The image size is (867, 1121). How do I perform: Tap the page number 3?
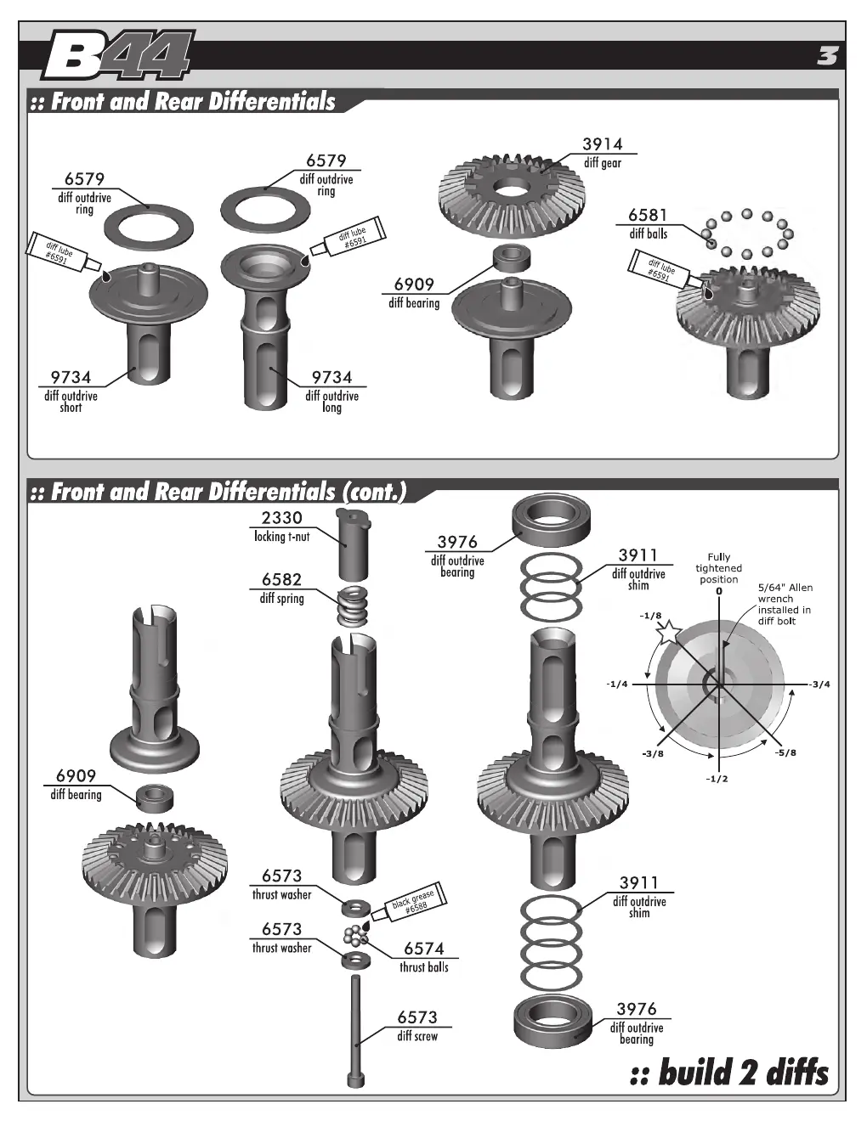(827, 56)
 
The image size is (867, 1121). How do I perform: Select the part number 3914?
(602, 144)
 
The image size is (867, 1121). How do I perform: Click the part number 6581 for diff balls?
(648, 215)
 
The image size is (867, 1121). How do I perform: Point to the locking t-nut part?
(354, 544)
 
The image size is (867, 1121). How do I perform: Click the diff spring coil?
(353, 606)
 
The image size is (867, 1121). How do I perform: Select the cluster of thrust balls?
(354, 935)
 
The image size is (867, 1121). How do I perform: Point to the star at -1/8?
(669, 632)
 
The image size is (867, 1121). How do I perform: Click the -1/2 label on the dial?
(717, 779)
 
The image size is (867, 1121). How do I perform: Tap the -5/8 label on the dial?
(785, 752)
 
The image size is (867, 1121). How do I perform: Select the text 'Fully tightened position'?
(718, 568)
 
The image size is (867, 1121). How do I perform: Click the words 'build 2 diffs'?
(729, 1072)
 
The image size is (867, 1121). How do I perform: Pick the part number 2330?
(281, 517)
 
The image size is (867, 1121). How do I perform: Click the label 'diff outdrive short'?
(71, 402)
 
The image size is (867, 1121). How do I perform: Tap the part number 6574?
(423, 949)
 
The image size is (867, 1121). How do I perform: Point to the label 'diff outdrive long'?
(331, 402)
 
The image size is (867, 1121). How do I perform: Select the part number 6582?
(281, 579)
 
